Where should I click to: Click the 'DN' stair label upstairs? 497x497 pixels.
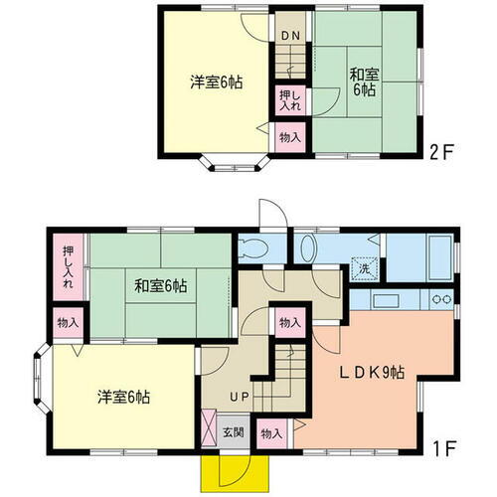(x=289, y=37)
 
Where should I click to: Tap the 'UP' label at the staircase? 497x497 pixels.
(x=241, y=398)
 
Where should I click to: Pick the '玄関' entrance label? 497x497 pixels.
(x=232, y=431)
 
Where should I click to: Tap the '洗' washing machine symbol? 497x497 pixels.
(x=365, y=267)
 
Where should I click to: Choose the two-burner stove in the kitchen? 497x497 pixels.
(x=440, y=299)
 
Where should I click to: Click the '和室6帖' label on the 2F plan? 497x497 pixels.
(x=361, y=80)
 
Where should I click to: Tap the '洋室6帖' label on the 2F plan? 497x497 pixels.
(x=216, y=83)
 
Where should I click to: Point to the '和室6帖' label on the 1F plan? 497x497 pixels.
(x=161, y=286)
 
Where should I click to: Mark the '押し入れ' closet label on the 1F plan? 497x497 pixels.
(x=69, y=267)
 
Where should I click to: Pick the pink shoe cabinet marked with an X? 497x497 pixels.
(x=209, y=428)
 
